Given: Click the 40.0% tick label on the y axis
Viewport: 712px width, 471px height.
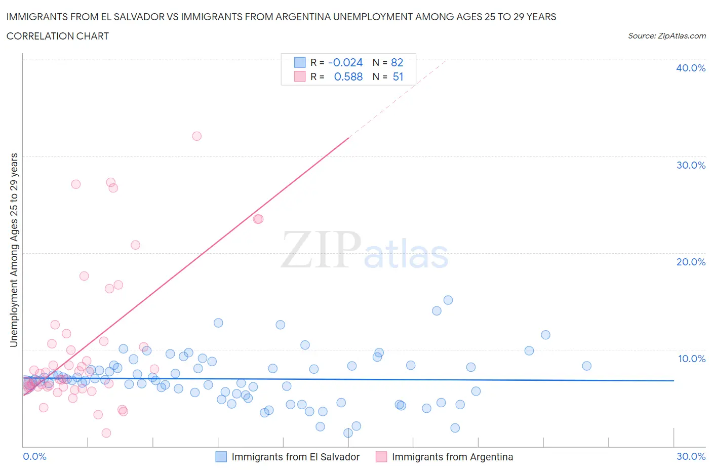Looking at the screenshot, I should click(691, 68).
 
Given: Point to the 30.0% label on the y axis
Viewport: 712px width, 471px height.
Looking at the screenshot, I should click(691, 165).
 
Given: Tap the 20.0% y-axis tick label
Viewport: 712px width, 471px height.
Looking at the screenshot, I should click(691, 262).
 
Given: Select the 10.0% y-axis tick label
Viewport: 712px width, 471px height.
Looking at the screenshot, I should click(691, 359).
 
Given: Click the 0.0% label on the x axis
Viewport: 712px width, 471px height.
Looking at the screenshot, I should click(34, 456).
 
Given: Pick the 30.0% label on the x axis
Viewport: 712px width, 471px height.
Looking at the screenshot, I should click(691, 456).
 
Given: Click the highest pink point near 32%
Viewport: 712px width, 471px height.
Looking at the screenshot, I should click(197, 136).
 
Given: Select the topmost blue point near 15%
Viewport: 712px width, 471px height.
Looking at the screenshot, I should click(448, 300).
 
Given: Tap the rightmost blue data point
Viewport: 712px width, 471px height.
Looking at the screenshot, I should click(586, 366).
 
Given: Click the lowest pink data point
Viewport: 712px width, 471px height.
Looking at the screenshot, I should click(106, 433).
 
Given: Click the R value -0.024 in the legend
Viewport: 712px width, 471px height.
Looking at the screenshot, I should click(345, 62).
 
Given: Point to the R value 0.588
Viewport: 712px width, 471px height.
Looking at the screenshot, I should click(348, 76).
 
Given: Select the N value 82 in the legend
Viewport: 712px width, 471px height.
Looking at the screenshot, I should click(397, 62).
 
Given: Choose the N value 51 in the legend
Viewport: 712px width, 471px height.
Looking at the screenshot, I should click(398, 76).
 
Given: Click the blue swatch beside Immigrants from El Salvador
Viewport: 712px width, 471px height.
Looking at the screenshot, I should click(221, 456).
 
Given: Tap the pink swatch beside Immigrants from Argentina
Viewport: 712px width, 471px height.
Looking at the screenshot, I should click(381, 456).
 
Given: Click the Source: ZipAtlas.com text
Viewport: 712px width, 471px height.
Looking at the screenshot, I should click(666, 35).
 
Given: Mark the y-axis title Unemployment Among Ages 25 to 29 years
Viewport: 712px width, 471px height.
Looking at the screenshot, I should click(14, 250).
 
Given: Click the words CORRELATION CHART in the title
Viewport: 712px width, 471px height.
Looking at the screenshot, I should click(58, 36).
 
